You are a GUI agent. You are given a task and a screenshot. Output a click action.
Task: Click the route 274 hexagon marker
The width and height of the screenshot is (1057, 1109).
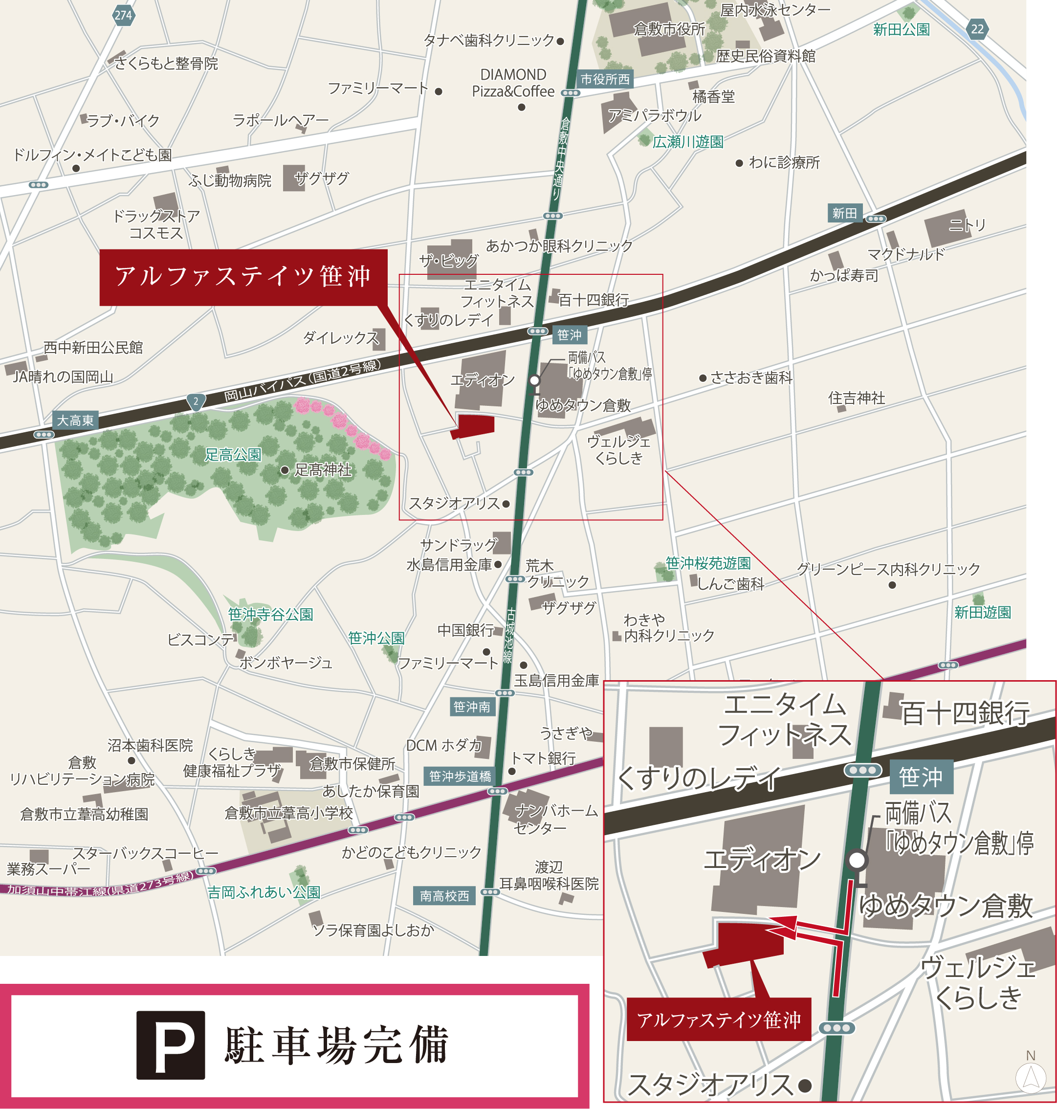123,15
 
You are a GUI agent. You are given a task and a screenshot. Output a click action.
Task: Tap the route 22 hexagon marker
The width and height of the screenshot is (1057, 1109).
977,29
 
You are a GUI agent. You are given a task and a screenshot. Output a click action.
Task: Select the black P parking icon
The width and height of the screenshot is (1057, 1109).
171,1045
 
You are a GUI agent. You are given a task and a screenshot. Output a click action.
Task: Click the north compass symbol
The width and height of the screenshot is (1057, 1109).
1031,1077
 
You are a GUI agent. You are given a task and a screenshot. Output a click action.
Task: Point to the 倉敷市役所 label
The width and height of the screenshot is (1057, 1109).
669,29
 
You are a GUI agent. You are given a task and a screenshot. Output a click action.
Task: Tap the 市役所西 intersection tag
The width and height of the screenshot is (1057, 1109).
605,79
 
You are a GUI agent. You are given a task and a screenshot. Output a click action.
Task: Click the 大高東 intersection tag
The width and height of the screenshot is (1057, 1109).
75,421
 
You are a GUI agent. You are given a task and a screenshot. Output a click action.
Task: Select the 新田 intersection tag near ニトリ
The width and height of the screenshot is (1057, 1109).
844,214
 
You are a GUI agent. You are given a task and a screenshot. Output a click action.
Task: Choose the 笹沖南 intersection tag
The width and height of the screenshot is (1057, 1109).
472,707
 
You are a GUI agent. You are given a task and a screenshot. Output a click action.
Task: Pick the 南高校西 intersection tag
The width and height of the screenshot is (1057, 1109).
444,896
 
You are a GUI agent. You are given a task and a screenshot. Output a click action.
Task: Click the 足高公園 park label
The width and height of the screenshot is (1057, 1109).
233,454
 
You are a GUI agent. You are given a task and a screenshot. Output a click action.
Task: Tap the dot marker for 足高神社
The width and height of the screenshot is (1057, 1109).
285,470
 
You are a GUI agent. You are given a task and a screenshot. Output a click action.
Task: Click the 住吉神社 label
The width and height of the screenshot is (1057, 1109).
856,399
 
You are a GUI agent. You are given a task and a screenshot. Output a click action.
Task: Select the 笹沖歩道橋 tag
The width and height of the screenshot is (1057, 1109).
460,776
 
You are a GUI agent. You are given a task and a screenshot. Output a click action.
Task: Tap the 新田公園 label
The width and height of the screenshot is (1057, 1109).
901,30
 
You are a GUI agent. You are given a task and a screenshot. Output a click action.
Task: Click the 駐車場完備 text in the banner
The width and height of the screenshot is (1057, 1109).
336,1045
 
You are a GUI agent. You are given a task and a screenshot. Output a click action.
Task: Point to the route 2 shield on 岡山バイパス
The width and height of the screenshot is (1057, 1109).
196,402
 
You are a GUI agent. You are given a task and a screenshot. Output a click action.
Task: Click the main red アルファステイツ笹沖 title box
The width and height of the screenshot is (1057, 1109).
243,277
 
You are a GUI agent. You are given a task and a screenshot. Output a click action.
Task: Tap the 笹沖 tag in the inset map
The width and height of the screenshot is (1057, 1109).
920,776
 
